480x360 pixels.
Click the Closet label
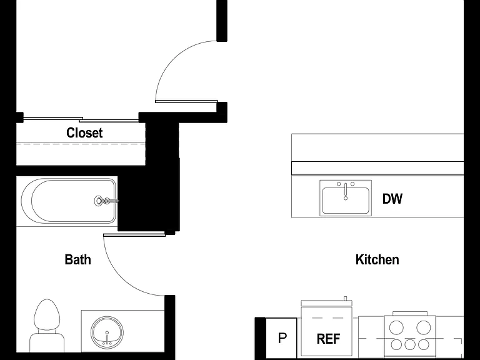tap(84, 133)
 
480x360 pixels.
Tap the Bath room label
tap(77, 259)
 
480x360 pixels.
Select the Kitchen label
tap(377, 259)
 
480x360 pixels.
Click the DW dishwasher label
tap(392, 199)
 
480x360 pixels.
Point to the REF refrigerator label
tap(328, 339)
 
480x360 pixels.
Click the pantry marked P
tap(282, 338)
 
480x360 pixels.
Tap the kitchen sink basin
tap(346, 201)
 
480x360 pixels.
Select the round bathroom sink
tap(107, 332)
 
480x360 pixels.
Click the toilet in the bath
tap(47, 326)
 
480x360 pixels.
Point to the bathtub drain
tap(99, 201)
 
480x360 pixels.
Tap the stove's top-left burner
tap(396, 327)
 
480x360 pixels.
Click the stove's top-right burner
tap(424, 327)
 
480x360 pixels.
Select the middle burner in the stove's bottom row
tap(410, 345)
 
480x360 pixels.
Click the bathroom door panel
tap(134, 235)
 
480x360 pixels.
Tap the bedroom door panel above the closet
tap(186, 101)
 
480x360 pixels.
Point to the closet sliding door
tap(81, 119)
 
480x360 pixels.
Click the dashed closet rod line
tap(81, 144)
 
